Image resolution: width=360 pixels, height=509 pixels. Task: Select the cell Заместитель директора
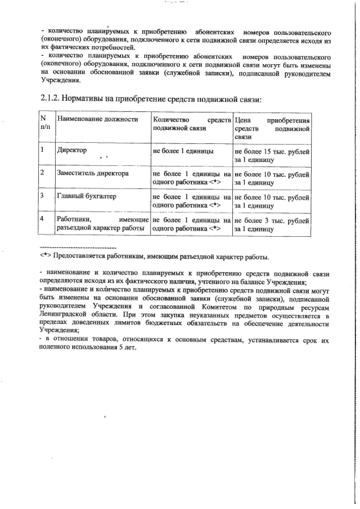[x=93, y=174]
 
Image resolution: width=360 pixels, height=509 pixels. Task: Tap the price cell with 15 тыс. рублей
[x=272, y=155]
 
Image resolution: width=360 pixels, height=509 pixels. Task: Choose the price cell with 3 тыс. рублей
[x=272, y=224]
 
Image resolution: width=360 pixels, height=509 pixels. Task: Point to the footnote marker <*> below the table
[x=46, y=256]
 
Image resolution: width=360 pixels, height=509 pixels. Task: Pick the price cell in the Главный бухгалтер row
[x=272, y=201]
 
